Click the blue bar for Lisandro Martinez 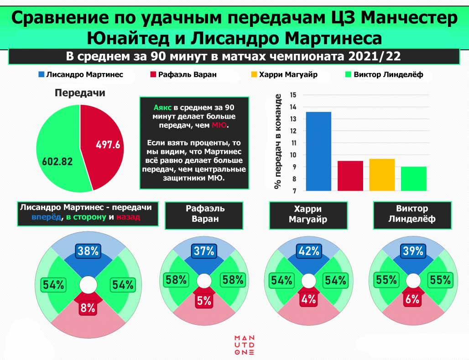pyautogui.click(x=318, y=151)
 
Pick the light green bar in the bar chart pyautogui.click(x=413, y=178)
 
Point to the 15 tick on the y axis pyautogui.click(x=293, y=95)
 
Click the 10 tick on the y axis pyautogui.click(x=293, y=155)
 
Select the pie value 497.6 pyautogui.click(x=108, y=145)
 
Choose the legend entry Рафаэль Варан pyautogui.click(x=187, y=75)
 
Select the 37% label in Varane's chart pyautogui.click(x=204, y=251)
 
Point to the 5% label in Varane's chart pyautogui.click(x=204, y=300)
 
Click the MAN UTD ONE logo pyautogui.click(x=244, y=345)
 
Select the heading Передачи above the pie pyautogui.click(x=80, y=93)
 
